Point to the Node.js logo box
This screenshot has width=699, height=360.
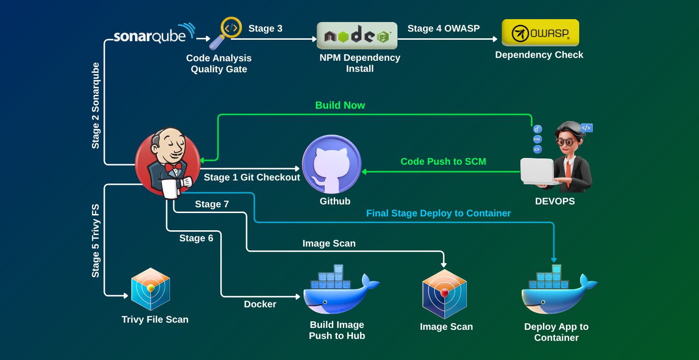(357, 36)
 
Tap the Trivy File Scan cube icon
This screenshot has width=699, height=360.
(151, 289)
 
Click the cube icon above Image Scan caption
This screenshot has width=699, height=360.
(444, 293)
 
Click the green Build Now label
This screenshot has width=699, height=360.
(340, 105)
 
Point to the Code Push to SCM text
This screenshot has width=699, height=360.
(443, 162)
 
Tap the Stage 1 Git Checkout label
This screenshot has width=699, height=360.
(252, 178)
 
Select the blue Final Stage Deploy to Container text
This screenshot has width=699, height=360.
(439, 213)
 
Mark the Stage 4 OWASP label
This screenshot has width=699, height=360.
(443, 29)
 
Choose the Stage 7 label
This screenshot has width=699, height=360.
(212, 204)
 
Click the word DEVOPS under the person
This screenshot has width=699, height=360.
(555, 202)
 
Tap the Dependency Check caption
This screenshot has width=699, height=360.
(539, 55)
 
